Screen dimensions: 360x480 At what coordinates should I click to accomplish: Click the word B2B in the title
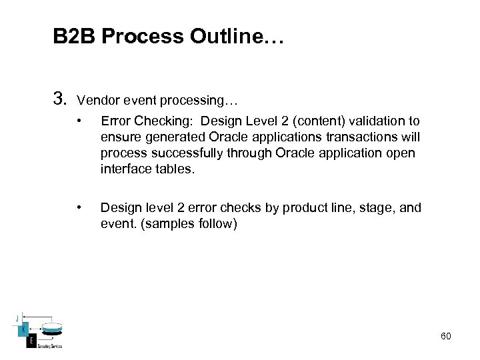tap(75, 37)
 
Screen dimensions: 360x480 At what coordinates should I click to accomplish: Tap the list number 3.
tap(59, 100)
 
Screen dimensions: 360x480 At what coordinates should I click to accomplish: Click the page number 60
tap(445, 336)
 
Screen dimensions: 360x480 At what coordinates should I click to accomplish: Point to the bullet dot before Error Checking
tap(79, 121)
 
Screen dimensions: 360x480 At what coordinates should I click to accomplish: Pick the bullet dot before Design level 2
tap(79, 208)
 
